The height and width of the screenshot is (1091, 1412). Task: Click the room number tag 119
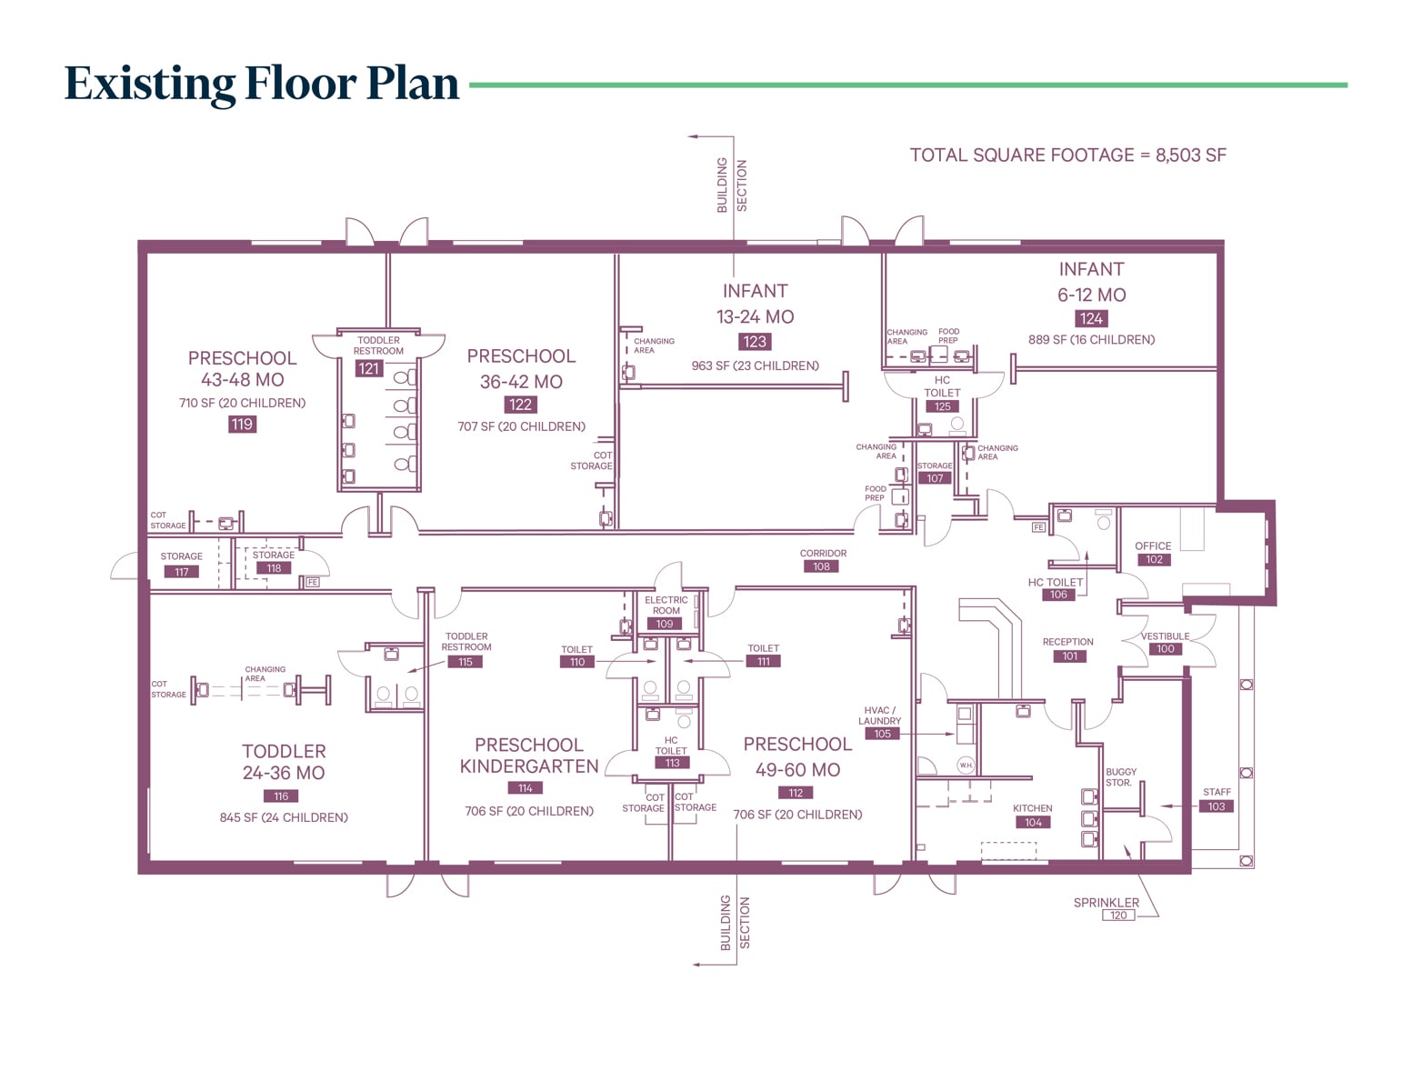pyautogui.click(x=242, y=424)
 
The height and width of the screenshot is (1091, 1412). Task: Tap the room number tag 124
pyautogui.click(x=1091, y=318)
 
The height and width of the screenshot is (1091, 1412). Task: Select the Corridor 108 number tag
pyautogui.click(x=821, y=566)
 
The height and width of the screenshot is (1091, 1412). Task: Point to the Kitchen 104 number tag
pyautogui.click(x=1033, y=822)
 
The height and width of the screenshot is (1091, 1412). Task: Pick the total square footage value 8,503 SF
pyautogui.click(x=1190, y=155)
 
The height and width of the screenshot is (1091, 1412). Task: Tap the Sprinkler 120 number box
pyautogui.click(x=1118, y=916)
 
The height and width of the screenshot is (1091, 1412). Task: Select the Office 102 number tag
pyautogui.click(x=1154, y=560)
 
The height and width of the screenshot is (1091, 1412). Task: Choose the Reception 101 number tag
pyautogui.click(x=1069, y=656)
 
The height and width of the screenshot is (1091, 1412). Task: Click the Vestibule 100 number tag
pyautogui.click(x=1166, y=649)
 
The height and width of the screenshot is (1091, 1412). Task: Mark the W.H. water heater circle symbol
pyautogui.click(x=966, y=766)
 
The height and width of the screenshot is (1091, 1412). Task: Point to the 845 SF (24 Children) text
pyautogui.click(x=284, y=817)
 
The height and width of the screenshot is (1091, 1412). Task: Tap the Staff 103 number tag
pyautogui.click(x=1217, y=806)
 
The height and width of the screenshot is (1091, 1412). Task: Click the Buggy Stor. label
pyautogui.click(x=1120, y=777)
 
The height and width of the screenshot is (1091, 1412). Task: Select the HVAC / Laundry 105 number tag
pyautogui.click(x=882, y=734)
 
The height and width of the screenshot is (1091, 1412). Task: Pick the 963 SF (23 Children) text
pyautogui.click(x=755, y=365)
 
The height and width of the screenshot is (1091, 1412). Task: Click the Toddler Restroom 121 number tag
pyautogui.click(x=368, y=368)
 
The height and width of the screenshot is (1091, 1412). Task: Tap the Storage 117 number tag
pyautogui.click(x=182, y=572)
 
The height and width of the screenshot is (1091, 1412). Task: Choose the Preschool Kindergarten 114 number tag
pyautogui.click(x=526, y=788)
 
